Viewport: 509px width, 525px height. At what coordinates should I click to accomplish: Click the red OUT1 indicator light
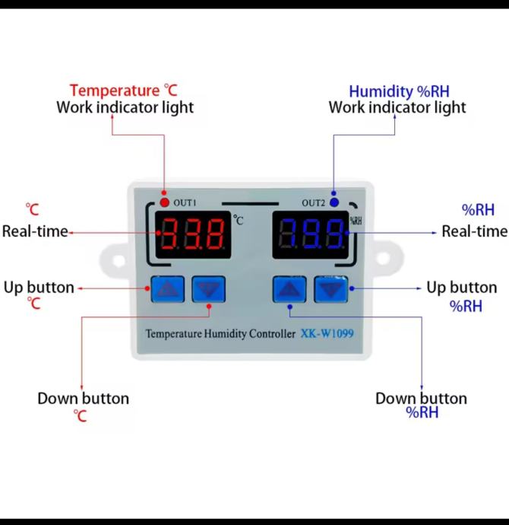click(x=164, y=202)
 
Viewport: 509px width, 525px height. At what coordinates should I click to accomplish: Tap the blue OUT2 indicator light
click(x=334, y=202)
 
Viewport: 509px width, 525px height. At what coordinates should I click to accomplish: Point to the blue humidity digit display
click(x=311, y=234)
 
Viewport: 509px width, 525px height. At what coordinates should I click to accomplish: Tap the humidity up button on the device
click(x=289, y=289)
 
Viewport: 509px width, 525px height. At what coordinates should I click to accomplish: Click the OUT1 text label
click(x=185, y=203)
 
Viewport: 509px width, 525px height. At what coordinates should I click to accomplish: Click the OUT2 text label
click(x=313, y=203)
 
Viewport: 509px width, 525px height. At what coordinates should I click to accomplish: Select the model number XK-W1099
click(x=327, y=332)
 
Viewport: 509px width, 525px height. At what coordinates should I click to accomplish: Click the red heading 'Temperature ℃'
click(x=124, y=91)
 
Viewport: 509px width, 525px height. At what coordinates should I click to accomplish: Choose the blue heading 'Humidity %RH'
click(x=399, y=91)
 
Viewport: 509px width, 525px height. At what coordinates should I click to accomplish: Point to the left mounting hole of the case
click(x=118, y=261)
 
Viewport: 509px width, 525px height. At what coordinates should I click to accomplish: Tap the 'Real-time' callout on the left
click(x=35, y=231)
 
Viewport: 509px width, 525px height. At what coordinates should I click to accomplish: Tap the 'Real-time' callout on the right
click(x=475, y=231)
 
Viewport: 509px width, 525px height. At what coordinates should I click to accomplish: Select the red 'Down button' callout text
click(x=83, y=399)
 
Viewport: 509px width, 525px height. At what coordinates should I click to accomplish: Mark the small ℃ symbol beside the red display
click(x=239, y=221)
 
